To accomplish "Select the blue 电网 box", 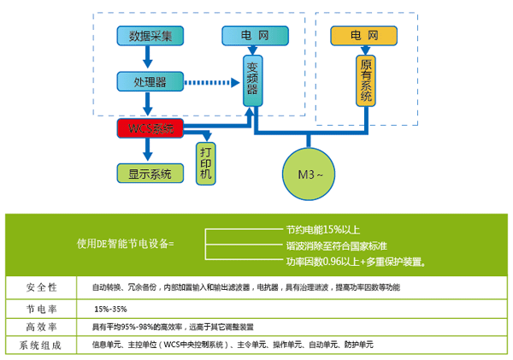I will point(251,36).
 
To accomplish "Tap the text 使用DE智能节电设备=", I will point(125,245).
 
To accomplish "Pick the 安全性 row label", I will point(40,286).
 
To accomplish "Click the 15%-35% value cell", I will point(111,307).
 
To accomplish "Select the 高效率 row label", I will point(40,327).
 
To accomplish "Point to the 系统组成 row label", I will point(40,345).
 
